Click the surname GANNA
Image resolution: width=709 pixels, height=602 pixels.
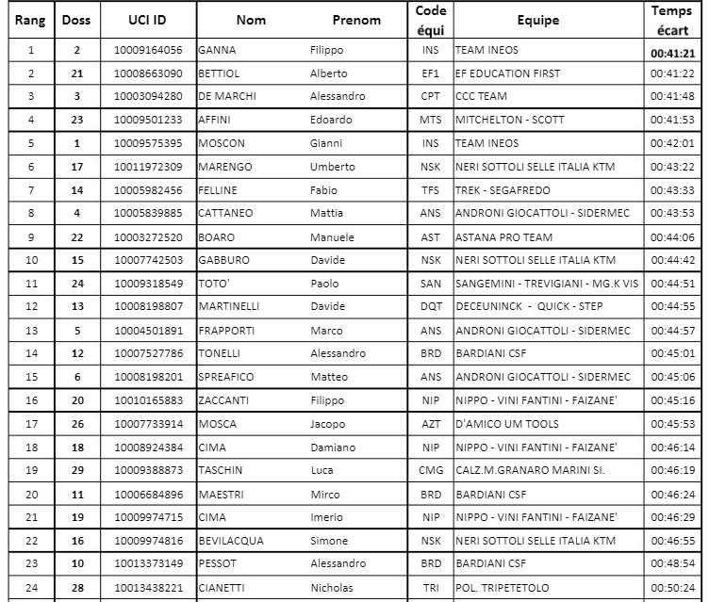pyautogui.click(x=216, y=51)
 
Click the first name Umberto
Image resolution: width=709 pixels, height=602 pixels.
pyautogui.click(x=334, y=168)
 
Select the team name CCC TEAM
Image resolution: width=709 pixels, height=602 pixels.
pyautogui.click(x=482, y=97)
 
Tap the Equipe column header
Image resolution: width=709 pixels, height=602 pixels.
pyautogui.click(x=537, y=20)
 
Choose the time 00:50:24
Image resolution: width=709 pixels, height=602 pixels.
pyautogui.click(x=671, y=588)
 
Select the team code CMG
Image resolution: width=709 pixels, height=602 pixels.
pyautogui.click(x=430, y=471)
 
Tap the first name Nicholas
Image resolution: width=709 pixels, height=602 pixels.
pyautogui.click(x=332, y=588)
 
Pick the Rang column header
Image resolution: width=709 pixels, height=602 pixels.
pyautogui.click(x=30, y=20)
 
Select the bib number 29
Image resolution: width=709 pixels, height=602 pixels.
pyautogui.click(x=76, y=471)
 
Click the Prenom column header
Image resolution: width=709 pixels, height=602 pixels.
pyautogui.click(x=356, y=20)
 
